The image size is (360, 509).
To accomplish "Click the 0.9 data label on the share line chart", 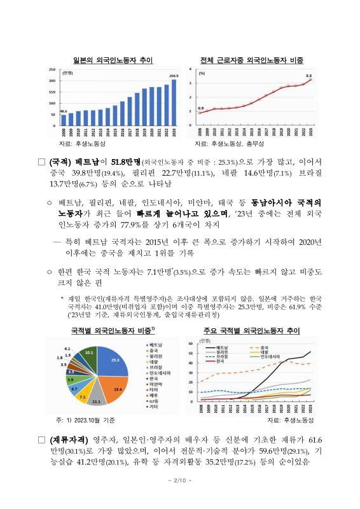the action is tap(201, 108).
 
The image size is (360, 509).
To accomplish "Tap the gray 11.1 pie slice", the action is tap(96, 398).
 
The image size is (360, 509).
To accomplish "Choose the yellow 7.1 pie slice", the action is tap(83, 396).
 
